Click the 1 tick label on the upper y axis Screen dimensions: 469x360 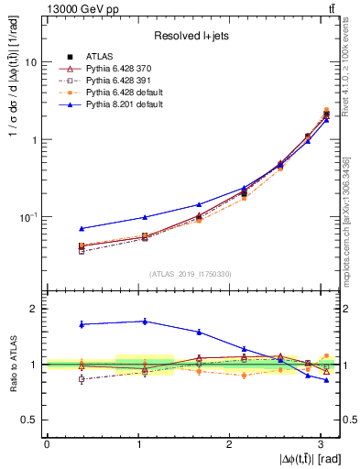[35, 140]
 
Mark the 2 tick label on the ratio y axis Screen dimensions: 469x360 [35, 309]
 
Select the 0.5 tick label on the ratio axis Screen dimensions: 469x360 [30, 420]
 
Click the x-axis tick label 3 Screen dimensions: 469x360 [319, 443]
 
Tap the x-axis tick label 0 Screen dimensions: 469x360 [47, 443]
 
